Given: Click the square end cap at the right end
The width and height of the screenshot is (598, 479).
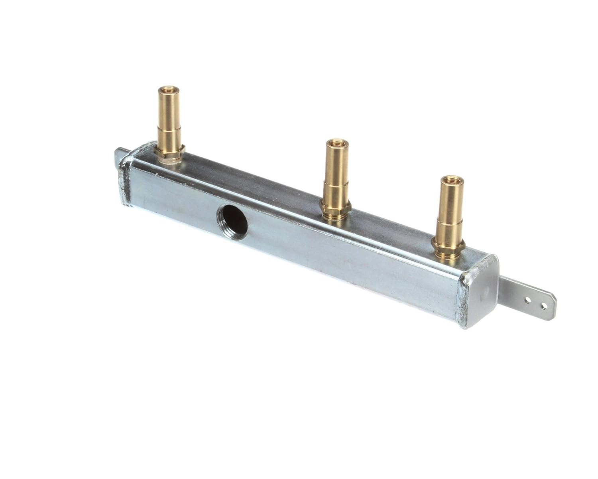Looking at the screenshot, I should point(480,289).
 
